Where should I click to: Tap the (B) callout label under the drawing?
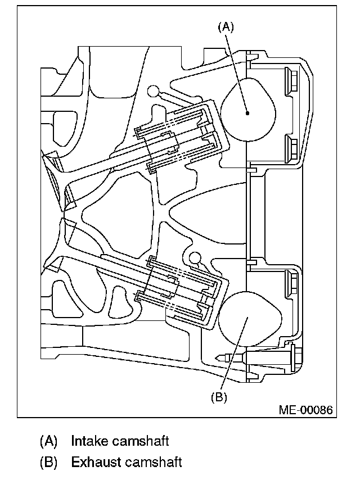click(219, 397)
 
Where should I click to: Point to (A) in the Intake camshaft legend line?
click(49, 441)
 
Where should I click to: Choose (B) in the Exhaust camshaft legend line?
click(49, 463)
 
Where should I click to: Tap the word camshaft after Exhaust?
click(154, 463)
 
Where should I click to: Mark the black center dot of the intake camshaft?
click(247, 113)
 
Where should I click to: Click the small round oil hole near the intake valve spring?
click(152, 90)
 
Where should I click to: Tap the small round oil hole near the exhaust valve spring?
click(195, 258)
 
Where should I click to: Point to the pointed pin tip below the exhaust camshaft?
click(218, 357)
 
